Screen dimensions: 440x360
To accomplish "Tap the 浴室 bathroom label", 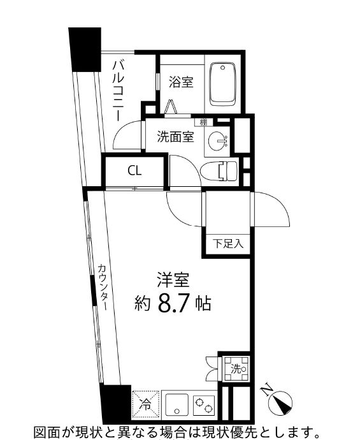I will (181, 82).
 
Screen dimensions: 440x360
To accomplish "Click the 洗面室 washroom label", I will (175, 136).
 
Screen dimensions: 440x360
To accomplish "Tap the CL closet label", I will (134, 170).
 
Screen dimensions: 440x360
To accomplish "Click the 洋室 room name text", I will (173, 279).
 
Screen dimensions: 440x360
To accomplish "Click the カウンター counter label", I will (102, 286).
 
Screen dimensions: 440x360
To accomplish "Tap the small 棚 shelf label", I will (203, 122).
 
